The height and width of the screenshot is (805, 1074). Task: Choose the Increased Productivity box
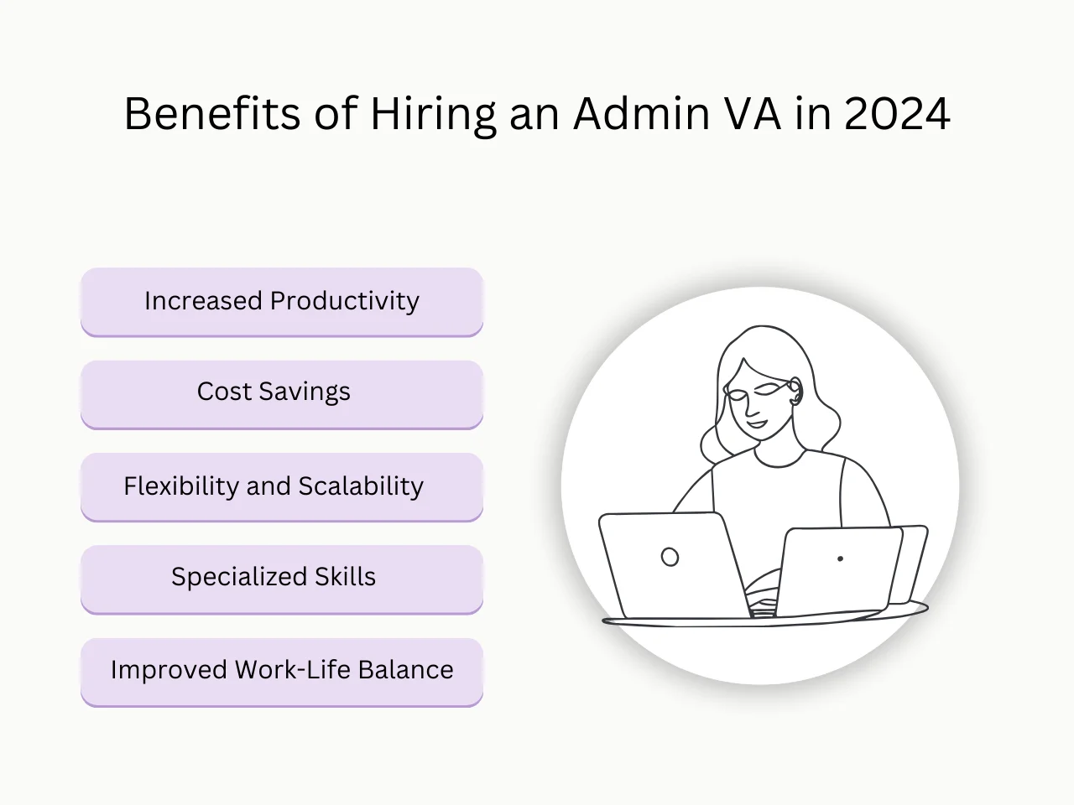[282, 302]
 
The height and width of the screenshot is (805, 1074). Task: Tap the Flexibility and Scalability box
[282, 486]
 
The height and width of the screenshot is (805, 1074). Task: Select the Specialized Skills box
[282, 579]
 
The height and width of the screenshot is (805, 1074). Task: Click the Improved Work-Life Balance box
[282, 671]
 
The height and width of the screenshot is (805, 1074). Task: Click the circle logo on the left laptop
[670, 557]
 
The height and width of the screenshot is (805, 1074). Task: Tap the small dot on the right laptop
[840, 558]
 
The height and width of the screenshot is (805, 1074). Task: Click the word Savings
[305, 392]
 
